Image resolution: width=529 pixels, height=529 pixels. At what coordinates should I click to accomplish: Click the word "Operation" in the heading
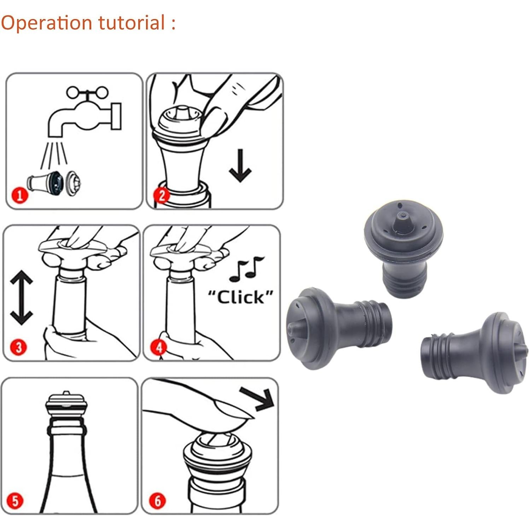coord(46,23)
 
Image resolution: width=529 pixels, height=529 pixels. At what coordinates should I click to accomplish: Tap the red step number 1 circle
coord(19,195)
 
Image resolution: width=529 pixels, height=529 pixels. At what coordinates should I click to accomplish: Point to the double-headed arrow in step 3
coord(21,298)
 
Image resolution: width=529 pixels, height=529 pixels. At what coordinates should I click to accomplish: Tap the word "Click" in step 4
coord(240,297)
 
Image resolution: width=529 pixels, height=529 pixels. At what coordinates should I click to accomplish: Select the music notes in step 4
coord(246,269)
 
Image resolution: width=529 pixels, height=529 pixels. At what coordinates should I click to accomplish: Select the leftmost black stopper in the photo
coord(336,327)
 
